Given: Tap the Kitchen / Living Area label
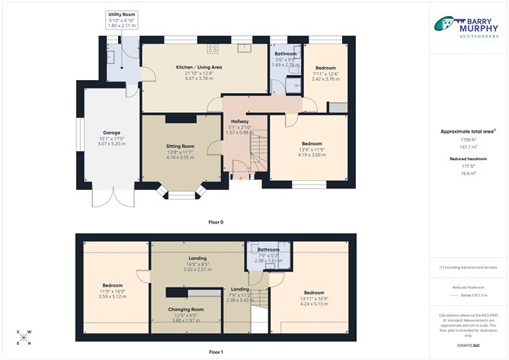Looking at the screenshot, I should click(199, 67).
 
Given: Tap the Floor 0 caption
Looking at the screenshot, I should click(216, 222).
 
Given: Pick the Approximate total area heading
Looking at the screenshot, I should click(467, 131).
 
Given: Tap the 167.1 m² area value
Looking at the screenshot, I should click(467, 147).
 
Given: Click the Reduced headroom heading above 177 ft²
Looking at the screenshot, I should click(467, 158).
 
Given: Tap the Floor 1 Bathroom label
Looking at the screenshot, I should click(268, 249).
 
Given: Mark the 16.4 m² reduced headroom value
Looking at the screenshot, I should click(467, 173).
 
